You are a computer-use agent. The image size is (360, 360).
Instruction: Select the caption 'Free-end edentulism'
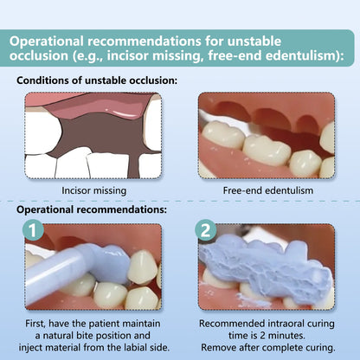click(x=265, y=190)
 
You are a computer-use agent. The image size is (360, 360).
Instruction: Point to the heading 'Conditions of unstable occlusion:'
click(x=97, y=80)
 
